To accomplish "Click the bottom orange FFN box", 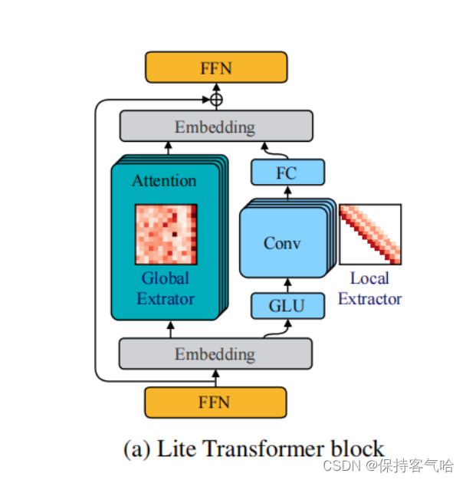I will click(215, 402).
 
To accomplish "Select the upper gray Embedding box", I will click(215, 127).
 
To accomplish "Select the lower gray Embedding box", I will click(215, 353).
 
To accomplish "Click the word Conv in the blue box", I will click(282, 243).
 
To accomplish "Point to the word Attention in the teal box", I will click(164, 181).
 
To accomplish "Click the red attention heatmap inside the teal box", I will click(166, 234).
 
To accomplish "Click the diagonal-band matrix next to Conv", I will click(370, 235).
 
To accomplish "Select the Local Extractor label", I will click(369, 288).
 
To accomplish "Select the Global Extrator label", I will click(166, 288).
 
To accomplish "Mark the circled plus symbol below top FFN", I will click(216, 99).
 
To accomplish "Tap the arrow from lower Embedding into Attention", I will click(170, 329).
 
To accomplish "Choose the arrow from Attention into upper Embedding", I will click(170, 149).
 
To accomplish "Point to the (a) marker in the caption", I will click(137, 448).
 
